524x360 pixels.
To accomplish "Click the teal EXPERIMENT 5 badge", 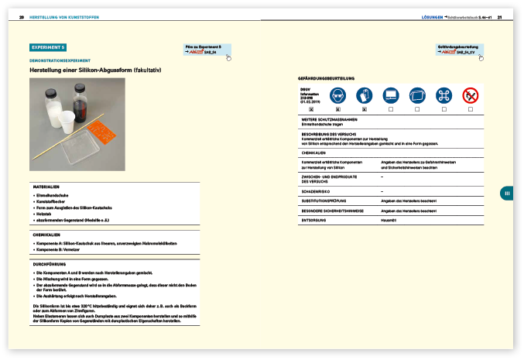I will click(x=47, y=48).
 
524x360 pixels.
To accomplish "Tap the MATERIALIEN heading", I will click(x=46, y=187).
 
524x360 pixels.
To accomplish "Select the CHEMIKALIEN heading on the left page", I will click(x=47, y=233).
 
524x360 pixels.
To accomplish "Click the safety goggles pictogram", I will click(x=337, y=96).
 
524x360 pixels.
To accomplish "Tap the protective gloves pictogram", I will click(x=365, y=96).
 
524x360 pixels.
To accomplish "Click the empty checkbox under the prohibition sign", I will click(x=470, y=111).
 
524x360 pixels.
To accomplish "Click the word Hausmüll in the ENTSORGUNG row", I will click(x=388, y=220).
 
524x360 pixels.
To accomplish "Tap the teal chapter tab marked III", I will click(x=506, y=194).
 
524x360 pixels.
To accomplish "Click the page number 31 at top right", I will click(x=500, y=16).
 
